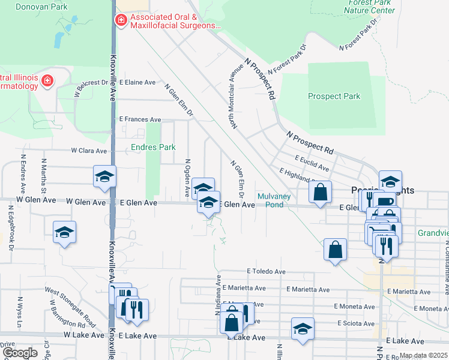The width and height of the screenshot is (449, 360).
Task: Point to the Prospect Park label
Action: coord(334,96)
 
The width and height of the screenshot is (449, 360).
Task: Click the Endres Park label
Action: coord(153,147)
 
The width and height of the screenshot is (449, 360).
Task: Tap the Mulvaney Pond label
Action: coord(270,200)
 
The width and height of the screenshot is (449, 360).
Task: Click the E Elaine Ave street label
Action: coord(137,82)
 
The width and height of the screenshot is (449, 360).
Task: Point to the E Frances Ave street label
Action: coord(140,119)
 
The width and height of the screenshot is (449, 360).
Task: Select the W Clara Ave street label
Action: coord(89,151)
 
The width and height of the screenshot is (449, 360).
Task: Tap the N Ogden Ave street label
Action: coord(188,178)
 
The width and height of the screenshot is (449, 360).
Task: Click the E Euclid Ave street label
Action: coord(312,162)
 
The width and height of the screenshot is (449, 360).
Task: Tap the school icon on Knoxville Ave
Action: coord(104,177)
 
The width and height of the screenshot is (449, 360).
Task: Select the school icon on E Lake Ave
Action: coord(303,329)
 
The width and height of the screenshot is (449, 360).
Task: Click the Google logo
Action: coord(20,353)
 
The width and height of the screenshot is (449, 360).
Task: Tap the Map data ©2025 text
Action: coord(423,355)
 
